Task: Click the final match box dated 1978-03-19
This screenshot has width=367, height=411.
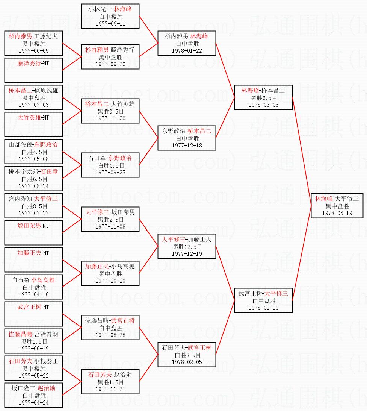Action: pos(337,206)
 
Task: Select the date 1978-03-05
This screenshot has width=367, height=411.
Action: pos(263,105)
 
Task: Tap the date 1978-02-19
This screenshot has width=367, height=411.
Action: pos(263,308)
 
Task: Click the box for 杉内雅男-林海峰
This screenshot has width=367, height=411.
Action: pos(187,43)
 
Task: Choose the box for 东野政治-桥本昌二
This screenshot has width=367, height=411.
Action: pos(187,138)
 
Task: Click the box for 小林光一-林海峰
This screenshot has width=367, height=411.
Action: pos(110,15)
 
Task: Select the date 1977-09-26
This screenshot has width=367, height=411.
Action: pos(110,64)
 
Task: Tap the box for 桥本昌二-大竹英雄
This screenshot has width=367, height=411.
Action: pos(110,111)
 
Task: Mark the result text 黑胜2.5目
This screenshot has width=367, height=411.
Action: pos(110,220)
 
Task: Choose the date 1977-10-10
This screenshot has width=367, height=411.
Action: pos(110,281)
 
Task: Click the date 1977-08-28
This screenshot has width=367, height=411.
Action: pos(110,335)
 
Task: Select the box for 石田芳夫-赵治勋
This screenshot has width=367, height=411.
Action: pos(110,381)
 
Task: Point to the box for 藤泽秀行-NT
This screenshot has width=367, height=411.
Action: pos(33,70)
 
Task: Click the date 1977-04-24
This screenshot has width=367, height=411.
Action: pos(33,402)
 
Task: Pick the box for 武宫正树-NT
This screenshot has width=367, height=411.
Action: pos(33,314)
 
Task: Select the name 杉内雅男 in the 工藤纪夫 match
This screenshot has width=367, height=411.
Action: pos(20,36)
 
